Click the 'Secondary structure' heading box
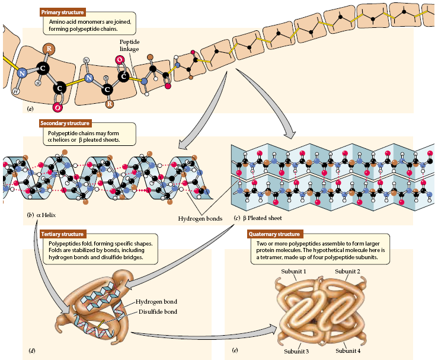coord(65,123)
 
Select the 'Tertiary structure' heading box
coord(62,234)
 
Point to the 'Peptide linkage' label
coord(129,46)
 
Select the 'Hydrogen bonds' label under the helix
coord(200,218)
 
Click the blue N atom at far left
coord(22,74)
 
